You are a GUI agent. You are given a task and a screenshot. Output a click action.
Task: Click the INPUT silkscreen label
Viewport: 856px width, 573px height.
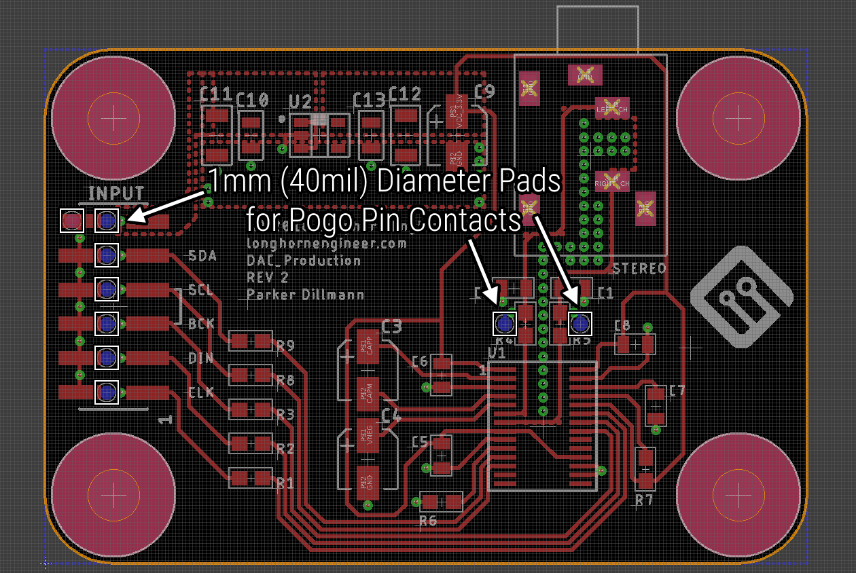pos(116,193)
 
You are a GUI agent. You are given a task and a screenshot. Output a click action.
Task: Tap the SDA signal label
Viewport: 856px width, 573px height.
pos(202,256)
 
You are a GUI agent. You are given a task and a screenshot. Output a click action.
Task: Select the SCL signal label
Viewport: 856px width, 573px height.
pos(201,290)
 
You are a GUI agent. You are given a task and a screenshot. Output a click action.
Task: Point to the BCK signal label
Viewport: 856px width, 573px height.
pos(202,324)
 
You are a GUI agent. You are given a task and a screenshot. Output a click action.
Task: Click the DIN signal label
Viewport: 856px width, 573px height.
pos(201,358)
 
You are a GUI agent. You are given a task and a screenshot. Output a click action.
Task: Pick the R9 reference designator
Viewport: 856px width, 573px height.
pos(285,346)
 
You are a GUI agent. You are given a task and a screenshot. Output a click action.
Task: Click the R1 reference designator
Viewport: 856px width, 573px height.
pos(285,483)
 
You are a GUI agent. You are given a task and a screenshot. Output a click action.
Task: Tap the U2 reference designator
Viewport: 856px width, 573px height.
pos(300,102)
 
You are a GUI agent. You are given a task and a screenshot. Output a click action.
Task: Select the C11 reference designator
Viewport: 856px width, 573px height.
pos(217,94)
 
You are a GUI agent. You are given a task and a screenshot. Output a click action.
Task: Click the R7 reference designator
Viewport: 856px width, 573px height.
pos(644,500)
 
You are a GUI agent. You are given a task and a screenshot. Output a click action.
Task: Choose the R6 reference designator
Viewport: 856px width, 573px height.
pos(428,521)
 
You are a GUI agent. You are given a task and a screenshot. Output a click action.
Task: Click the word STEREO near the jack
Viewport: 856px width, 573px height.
pos(639,269)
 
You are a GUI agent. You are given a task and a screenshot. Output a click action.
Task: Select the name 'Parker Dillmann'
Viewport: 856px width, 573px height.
pos(305,295)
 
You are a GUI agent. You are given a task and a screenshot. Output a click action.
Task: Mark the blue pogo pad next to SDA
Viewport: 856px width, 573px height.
pos(107,255)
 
